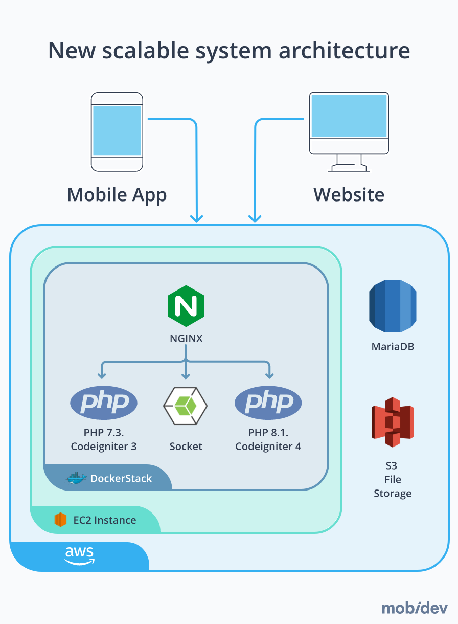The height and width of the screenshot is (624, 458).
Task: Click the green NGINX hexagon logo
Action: coord(186,306)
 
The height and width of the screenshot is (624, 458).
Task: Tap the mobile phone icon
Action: coord(117,132)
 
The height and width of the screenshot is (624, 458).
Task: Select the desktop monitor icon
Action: coord(349,131)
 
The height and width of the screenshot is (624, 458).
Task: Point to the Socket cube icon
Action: coord(186,406)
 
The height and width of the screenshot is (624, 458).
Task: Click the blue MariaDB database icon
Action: coord(393,305)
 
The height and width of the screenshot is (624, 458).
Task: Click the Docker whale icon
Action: coord(76,479)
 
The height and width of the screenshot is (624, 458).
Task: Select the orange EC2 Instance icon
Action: coord(61,520)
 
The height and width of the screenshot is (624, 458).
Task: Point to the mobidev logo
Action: coord(415,608)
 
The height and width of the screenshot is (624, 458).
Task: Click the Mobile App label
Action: coord(117,195)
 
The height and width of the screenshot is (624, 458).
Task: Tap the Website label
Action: coord(349,195)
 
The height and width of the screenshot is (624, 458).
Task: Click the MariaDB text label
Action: coord(393,347)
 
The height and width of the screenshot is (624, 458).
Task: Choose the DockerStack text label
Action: coord(121,479)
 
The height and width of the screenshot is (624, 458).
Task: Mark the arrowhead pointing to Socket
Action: coord(186,374)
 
